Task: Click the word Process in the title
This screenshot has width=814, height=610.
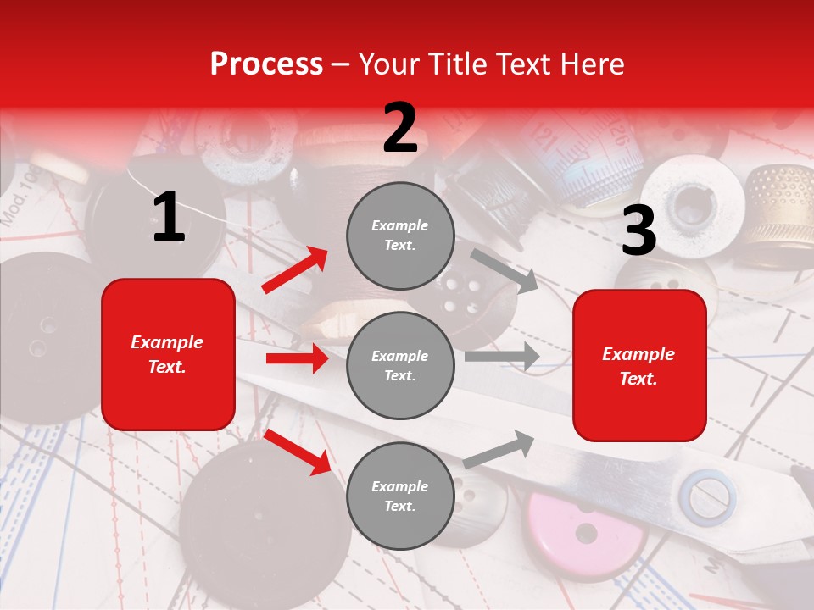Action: click(266, 64)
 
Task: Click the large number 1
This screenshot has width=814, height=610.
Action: click(169, 218)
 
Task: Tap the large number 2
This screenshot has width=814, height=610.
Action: click(400, 128)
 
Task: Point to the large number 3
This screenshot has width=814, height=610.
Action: click(638, 230)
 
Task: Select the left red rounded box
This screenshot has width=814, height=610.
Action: click(168, 354)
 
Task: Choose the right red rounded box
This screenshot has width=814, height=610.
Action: click(639, 366)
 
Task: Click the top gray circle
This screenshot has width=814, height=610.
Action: click(400, 236)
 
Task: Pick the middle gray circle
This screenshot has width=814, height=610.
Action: click(400, 365)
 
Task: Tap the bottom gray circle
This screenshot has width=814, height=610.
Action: click(400, 496)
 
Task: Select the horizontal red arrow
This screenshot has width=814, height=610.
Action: click(297, 358)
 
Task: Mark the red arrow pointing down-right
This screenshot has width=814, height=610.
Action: click(298, 452)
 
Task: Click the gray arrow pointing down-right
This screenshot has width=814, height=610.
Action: click(505, 270)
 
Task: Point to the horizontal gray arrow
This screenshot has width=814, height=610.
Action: click(502, 357)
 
